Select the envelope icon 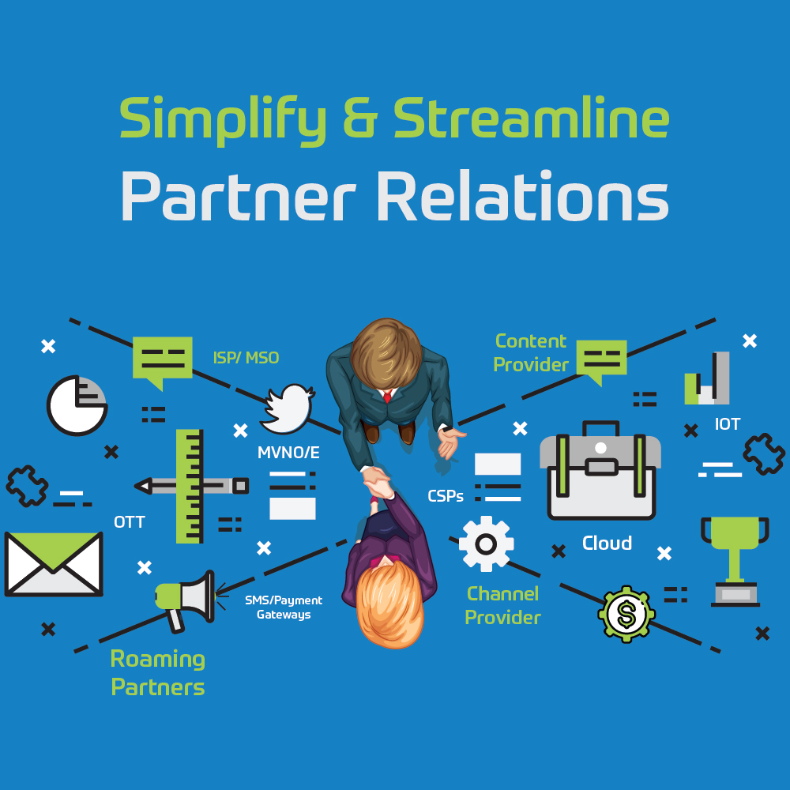click(54, 563)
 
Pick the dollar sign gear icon click(626, 613)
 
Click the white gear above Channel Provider click(486, 544)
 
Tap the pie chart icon click(77, 405)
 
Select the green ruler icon click(190, 485)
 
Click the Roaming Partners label click(158, 672)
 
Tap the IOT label click(727, 424)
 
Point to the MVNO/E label click(288, 453)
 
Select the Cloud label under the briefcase click(607, 544)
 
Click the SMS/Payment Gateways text click(284, 608)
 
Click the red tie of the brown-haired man click(387, 396)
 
